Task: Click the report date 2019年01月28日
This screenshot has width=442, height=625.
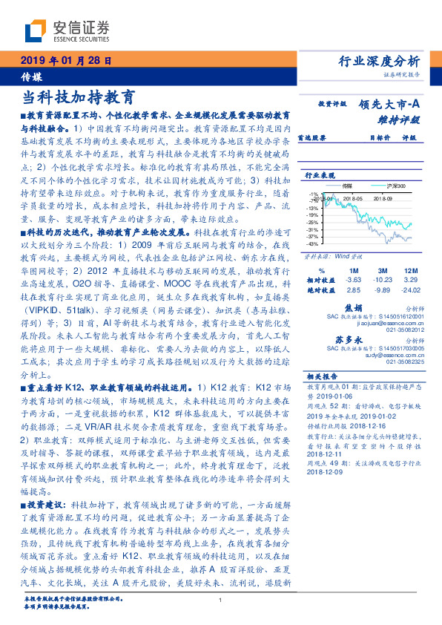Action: (x=65, y=61)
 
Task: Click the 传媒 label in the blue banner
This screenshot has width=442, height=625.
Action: (x=32, y=76)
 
